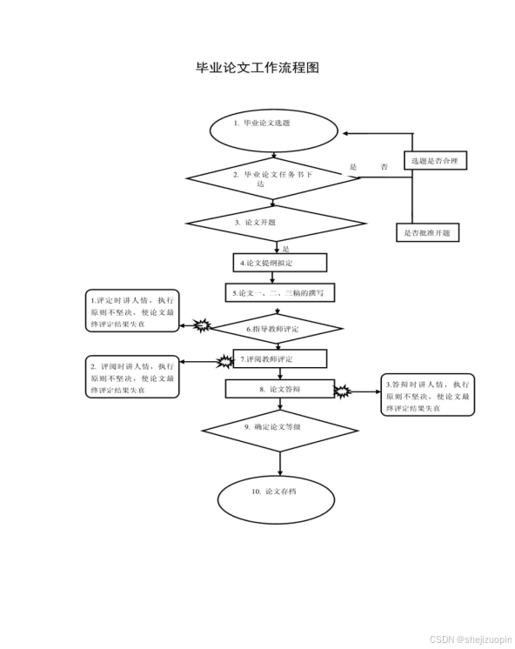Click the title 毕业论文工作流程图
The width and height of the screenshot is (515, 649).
coord(257,68)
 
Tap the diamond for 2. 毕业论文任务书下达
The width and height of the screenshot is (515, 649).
coord(273,178)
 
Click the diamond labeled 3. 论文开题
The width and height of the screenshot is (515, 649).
coord(273,223)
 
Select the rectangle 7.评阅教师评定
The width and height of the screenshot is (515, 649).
coord(280,358)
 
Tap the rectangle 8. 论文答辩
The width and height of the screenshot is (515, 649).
coord(280,389)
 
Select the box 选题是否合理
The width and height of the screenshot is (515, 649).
coord(435,161)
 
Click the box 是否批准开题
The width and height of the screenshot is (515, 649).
coord(427,232)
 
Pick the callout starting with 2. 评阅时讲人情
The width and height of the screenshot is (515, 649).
coord(131,376)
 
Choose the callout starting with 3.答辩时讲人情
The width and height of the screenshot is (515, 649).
coord(429,395)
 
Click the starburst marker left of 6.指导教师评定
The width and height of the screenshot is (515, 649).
coord(202,327)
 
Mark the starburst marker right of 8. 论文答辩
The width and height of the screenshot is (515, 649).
coord(342,391)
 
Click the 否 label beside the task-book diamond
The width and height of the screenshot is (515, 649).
coord(384,167)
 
